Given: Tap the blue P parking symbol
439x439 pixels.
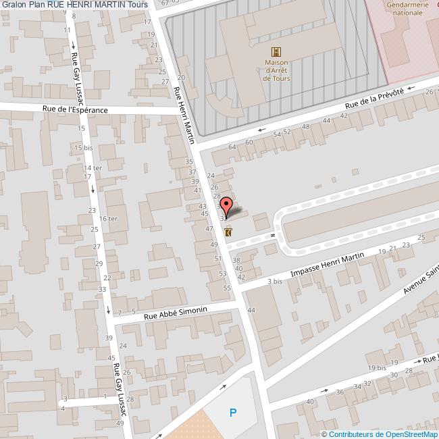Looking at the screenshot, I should (233, 412).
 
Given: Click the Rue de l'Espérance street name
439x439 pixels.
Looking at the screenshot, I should (75, 109).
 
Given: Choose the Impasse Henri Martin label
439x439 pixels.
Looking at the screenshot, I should (327, 264).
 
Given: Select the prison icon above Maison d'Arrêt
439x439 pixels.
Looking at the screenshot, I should (276, 52).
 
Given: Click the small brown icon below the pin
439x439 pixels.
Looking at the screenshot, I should (228, 232).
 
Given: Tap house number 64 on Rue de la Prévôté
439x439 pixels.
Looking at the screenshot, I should (232, 147).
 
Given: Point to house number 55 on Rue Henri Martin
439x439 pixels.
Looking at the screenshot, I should (227, 288).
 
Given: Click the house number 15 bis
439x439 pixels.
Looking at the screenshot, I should (84, 147).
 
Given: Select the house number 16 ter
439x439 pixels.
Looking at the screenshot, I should (108, 219).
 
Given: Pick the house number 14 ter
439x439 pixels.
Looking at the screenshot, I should (92, 167).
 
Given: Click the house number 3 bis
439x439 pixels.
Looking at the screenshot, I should (274, 281).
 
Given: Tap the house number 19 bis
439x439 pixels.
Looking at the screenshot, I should (377, 367).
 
